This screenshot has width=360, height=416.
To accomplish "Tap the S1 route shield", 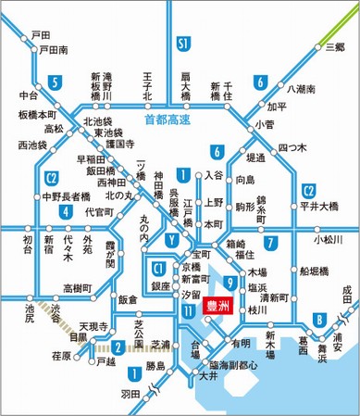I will pyautogui.click(x=183, y=44).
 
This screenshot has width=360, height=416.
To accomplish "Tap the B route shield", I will pyautogui.click(x=320, y=320).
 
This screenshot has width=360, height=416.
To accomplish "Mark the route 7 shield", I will pyautogui.click(x=270, y=244).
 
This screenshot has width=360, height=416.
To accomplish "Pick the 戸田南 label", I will pyautogui.click(x=49, y=50).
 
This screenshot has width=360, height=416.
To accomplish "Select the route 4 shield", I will pyautogui.click(x=66, y=211).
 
